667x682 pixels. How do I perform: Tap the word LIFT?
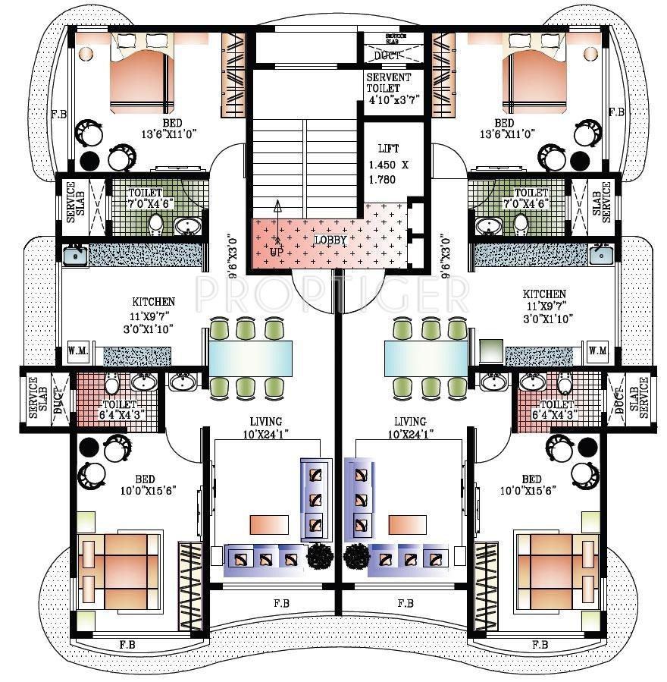tap(387, 149)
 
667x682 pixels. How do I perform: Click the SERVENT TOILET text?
tap(388, 88)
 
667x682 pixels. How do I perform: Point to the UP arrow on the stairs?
tap(277, 216)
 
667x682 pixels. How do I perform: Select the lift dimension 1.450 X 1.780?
tap(387, 171)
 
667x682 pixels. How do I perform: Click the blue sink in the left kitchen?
tap(74, 256)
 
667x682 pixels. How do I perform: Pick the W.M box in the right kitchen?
tap(598, 350)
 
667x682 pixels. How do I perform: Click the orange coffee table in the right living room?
tap(408, 524)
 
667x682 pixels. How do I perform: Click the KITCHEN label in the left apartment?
tap(153, 302)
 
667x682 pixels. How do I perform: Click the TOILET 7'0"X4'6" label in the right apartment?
tap(531, 199)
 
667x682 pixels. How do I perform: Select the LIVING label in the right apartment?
tap(410, 422)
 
